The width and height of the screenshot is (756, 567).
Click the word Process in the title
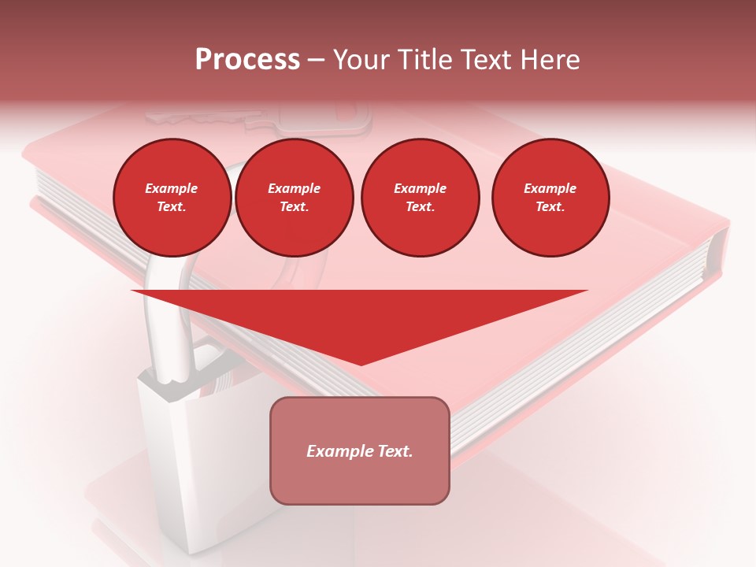coord(247,59)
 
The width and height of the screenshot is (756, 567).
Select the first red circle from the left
coord(172,198)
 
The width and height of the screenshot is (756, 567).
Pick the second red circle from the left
coord(295,198)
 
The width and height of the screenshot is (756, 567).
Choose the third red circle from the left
coord(420,198)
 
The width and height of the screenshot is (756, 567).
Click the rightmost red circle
coord(550,198)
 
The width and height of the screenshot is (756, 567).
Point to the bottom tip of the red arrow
coord(361,364)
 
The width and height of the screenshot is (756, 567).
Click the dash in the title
coord(316,61)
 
